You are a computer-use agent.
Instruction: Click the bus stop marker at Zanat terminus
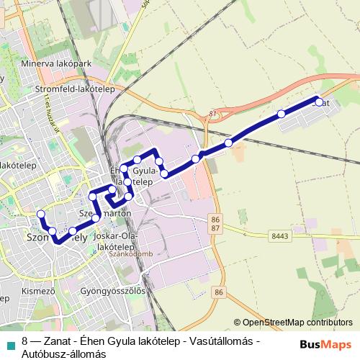pos(318,102)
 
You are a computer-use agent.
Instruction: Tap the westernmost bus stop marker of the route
pos(41,213)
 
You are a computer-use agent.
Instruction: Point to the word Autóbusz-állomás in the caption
pos(64,354)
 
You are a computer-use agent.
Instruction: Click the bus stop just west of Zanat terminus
pos(281,114)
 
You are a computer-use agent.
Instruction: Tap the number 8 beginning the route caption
pos(24,341)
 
